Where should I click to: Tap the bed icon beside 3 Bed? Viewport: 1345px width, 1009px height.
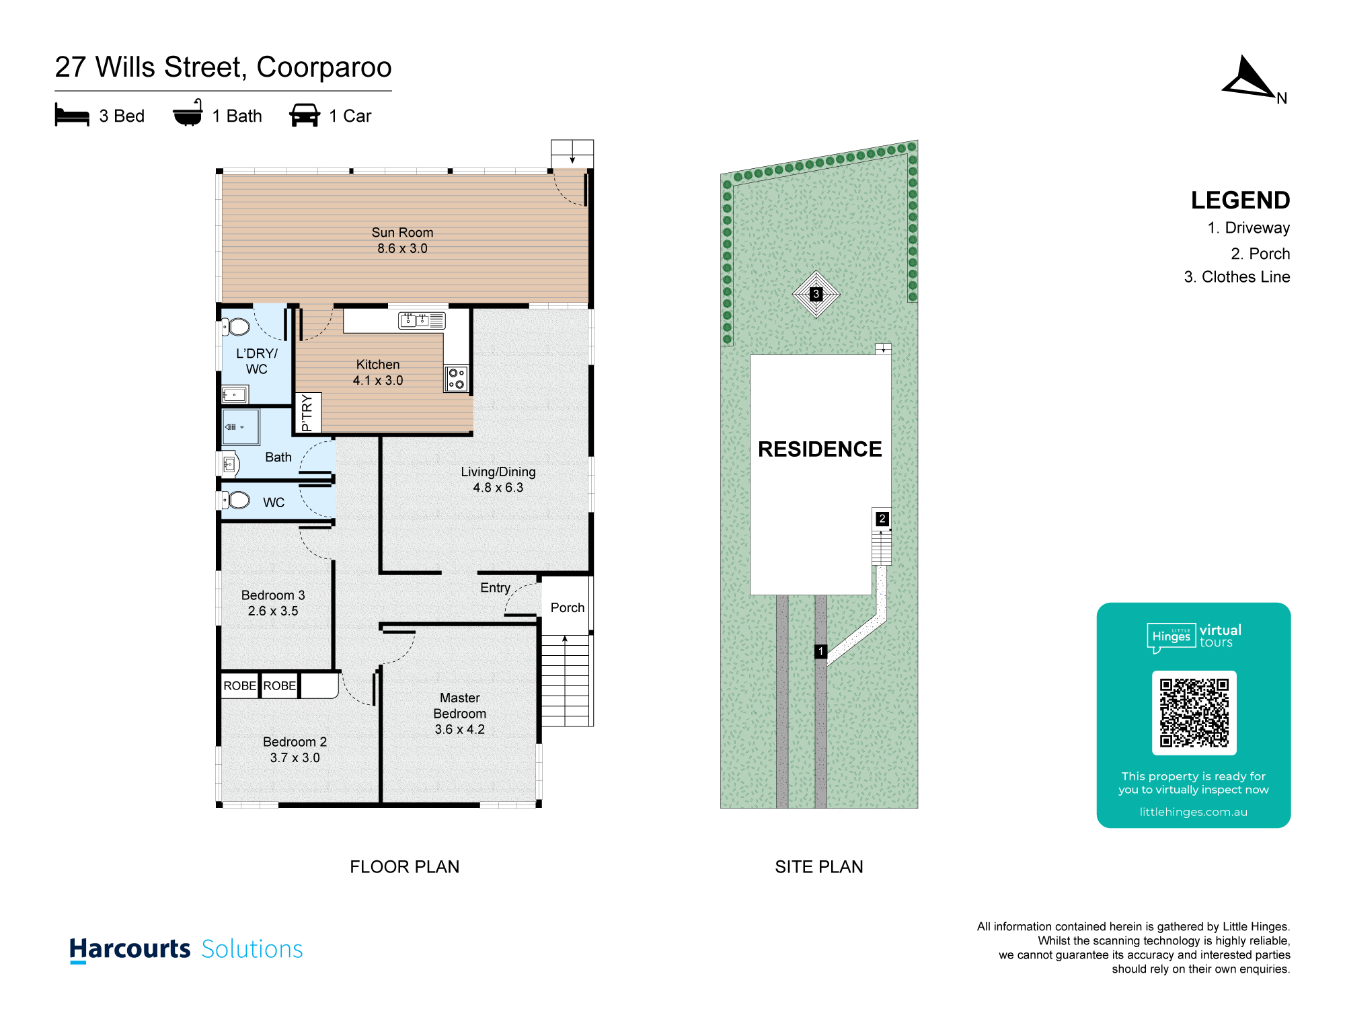point(72,115)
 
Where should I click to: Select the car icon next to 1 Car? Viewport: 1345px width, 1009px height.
point(305,115)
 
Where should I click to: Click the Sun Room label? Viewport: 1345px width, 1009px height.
point(402,233)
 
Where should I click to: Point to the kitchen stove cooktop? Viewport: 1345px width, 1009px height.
point(457,379)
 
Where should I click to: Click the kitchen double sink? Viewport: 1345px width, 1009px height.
point(414,321)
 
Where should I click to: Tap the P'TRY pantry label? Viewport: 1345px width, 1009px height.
point(307,412)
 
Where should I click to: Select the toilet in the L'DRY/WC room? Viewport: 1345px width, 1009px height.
point(236,328)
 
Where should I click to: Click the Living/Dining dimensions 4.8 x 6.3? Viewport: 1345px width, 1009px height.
point(498,488)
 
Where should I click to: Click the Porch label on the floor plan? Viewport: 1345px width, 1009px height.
point(568,608)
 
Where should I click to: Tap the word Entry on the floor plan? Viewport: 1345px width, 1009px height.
point(495,588)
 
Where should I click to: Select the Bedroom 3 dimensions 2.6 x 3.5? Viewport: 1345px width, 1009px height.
point(273,611)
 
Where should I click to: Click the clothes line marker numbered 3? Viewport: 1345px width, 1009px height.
point(816,294)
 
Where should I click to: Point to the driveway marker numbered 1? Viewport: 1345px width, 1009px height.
point(820,651)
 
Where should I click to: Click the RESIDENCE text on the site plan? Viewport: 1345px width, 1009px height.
point(820,449)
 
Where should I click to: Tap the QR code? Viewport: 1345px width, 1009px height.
point(1194,713)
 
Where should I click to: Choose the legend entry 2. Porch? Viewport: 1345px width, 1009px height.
point(1260,254)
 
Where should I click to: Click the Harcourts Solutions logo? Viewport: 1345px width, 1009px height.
point(186,949)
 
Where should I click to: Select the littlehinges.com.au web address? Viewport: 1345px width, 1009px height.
point(1194,812)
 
